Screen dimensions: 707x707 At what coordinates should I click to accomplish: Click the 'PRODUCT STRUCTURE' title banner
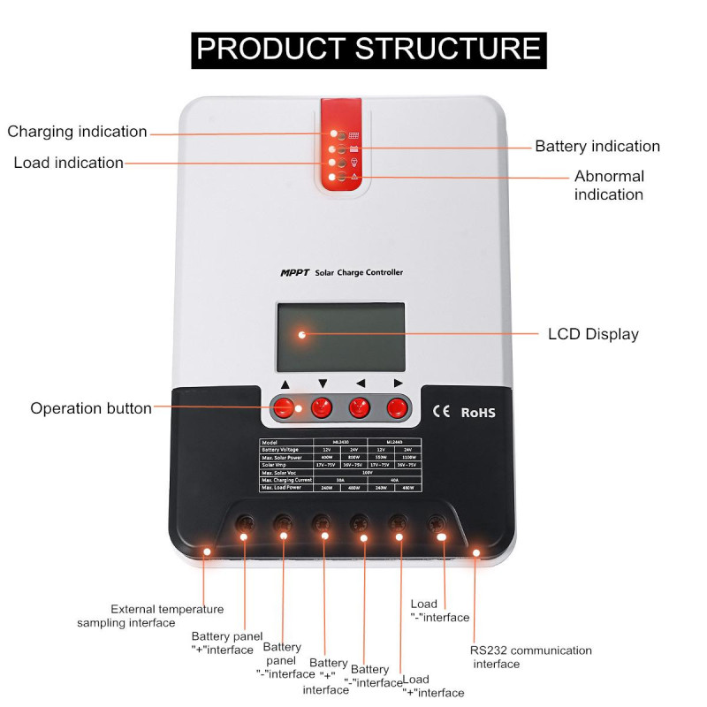pos(369,49)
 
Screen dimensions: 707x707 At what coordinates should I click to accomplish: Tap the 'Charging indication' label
pos(77,132)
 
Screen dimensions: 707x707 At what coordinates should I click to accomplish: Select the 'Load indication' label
pos(68,163)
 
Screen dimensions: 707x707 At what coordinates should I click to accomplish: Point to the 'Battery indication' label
pos(597,146)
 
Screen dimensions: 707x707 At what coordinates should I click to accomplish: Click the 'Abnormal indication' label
pos(609,185)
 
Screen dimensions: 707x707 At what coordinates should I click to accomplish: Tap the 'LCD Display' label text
pos(593,334)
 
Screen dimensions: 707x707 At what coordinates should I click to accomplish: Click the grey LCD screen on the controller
pos(341,337)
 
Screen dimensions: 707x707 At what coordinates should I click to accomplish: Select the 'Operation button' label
pos(91,408)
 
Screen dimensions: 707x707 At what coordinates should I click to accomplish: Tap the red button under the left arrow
pos(359,407)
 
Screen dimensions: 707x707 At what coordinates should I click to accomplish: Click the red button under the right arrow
pos(398,407)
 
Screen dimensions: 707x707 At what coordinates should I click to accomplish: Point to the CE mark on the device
pos(441,411)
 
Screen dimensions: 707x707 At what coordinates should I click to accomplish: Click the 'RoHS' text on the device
pos(478,412)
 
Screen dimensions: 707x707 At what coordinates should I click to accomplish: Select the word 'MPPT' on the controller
pos(294,273)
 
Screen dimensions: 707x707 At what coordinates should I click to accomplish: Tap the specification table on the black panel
pos(340,465)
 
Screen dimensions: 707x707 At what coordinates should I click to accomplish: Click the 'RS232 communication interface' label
pos(530,657)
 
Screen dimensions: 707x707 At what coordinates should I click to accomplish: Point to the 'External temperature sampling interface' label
pos(150,615)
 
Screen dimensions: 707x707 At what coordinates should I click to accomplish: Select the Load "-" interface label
pos(439,611)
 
